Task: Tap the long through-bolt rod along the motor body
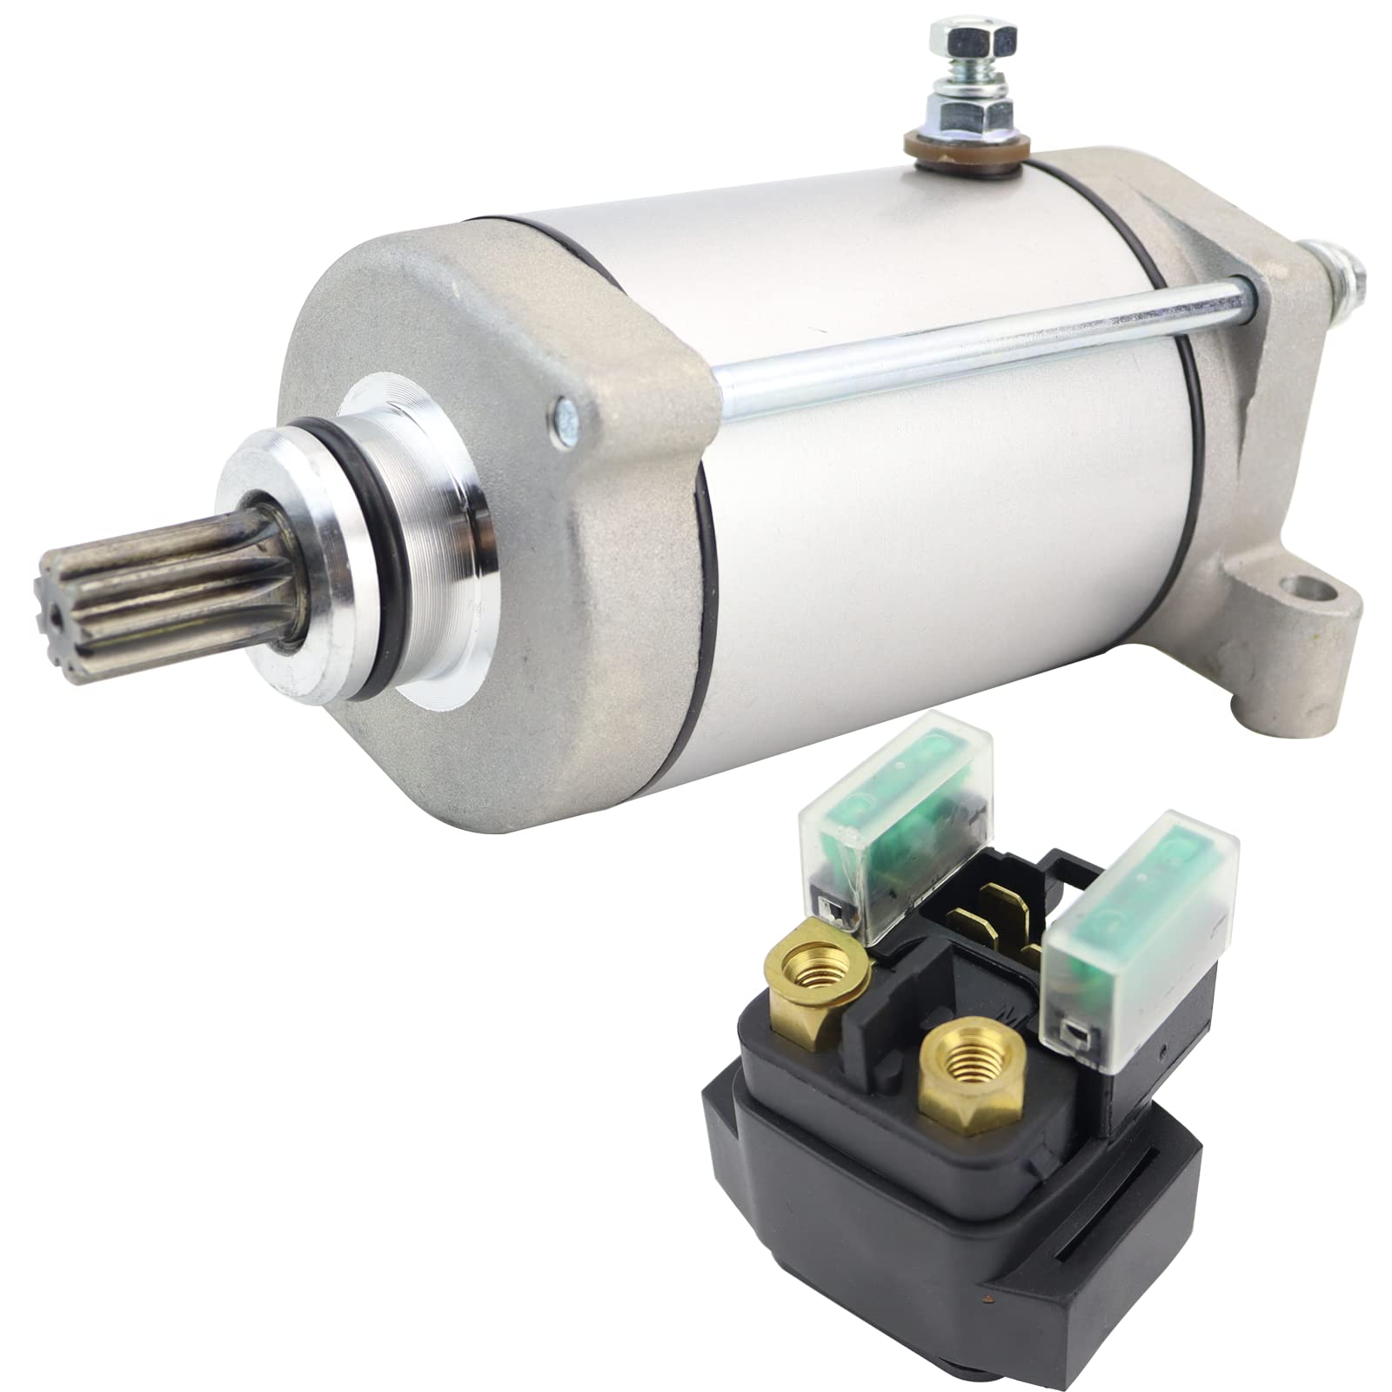tap(957, 339)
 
